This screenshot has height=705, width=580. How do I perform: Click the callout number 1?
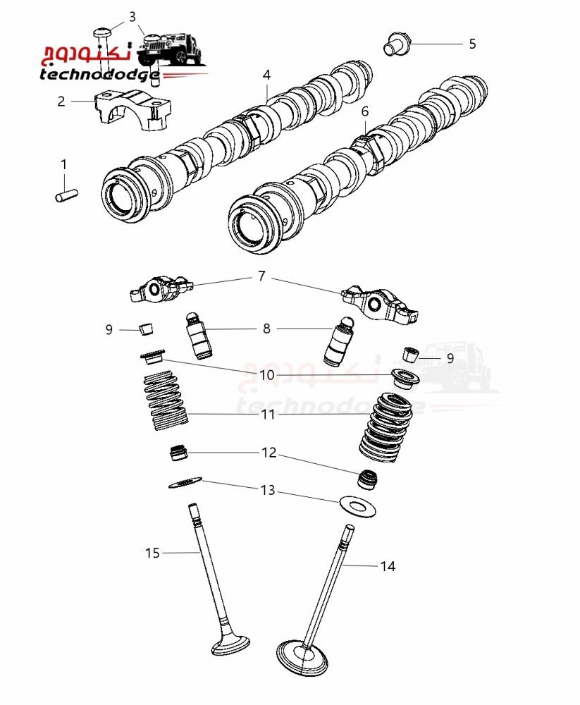63,165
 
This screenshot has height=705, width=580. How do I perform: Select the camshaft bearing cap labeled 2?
131,111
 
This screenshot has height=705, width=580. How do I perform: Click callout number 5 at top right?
472,44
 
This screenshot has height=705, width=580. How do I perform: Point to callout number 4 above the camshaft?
267,75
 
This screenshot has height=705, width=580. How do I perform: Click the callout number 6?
365,111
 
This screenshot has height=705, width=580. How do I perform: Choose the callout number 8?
266,329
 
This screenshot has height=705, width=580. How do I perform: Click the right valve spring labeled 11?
385,426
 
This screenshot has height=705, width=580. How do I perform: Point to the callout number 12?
269,453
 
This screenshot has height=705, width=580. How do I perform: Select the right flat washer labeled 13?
357,505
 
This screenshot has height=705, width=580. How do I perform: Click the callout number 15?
153,553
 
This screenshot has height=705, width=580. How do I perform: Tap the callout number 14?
388,565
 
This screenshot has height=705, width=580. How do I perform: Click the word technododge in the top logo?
99,74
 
